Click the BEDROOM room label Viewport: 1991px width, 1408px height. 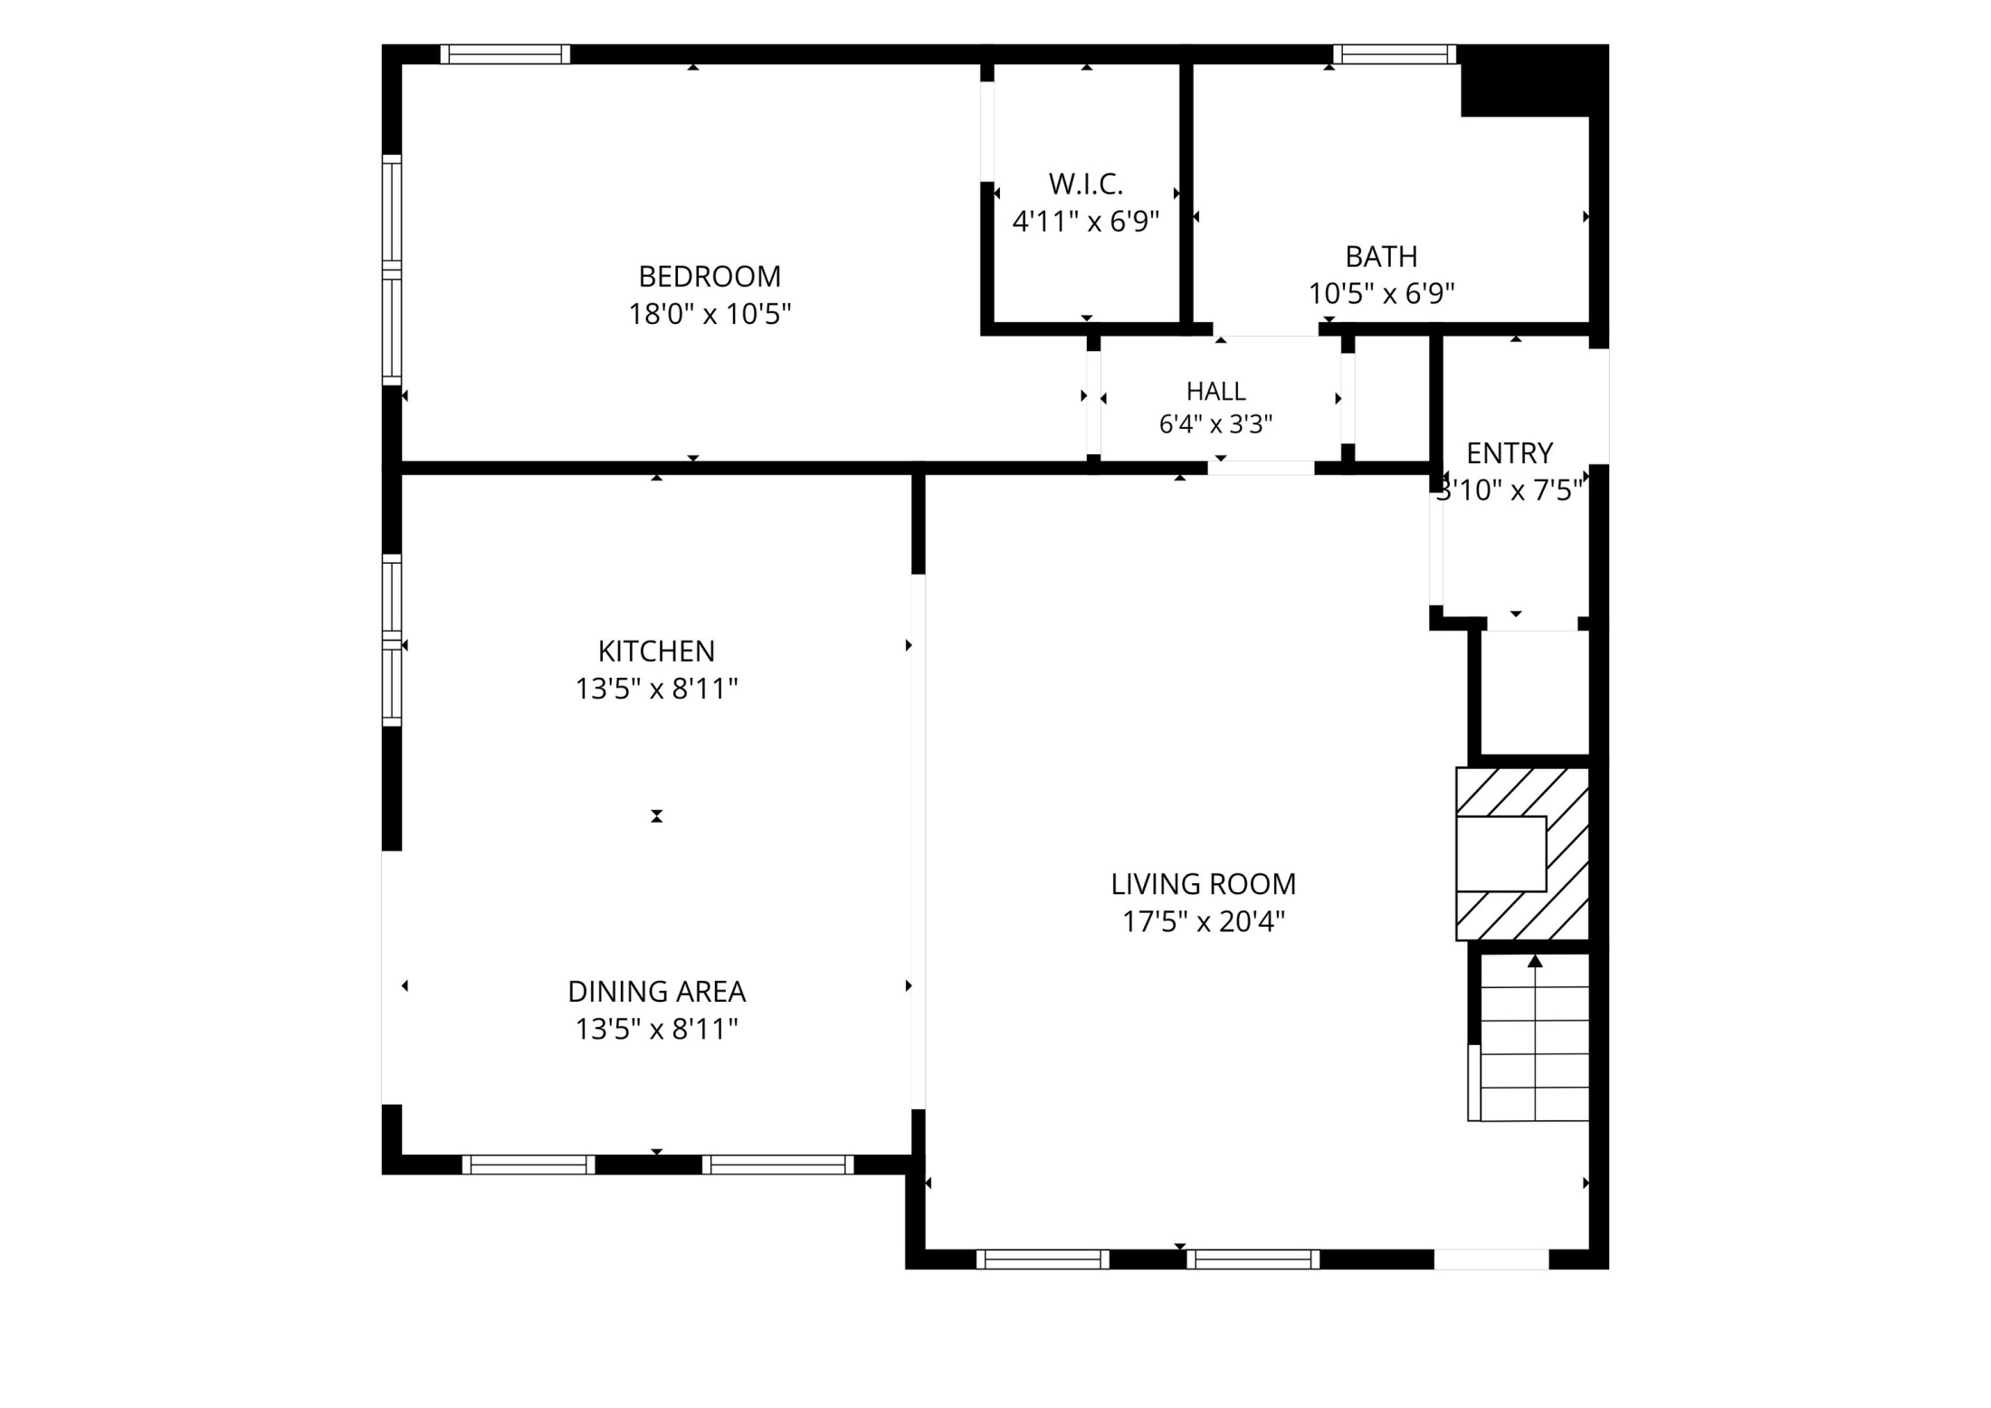[710, 276]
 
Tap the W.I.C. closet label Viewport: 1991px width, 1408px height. [1086, 184]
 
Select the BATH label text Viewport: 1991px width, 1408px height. [1381, 257]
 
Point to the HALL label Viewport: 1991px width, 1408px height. [1216, 391]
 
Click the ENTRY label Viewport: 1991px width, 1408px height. [1510, 452]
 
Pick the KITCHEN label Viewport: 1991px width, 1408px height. [656, 652]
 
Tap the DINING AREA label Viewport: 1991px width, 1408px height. [656, 992]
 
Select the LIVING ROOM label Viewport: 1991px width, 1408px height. [1204, 884]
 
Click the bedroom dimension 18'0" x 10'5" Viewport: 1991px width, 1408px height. [710, 314]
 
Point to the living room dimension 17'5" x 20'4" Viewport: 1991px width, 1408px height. [1204, 922]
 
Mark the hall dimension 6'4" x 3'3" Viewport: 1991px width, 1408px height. [1216, 424]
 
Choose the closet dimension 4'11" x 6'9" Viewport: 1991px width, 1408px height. [1086, 222]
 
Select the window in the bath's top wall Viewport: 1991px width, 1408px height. [1394, 54]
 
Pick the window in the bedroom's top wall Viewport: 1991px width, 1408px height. [505, 54]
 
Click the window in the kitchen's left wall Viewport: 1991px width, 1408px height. [391, 640]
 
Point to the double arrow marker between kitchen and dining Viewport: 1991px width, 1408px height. [657, 816]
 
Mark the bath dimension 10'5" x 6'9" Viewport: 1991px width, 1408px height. [1381, 294]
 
